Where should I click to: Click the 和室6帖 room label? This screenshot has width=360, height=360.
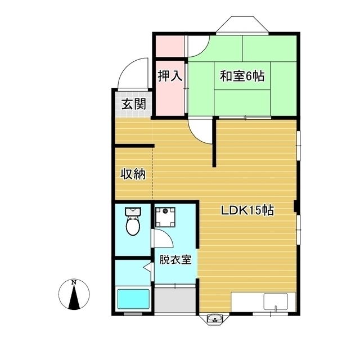[242, 75]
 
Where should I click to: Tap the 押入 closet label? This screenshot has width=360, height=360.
[169, 75]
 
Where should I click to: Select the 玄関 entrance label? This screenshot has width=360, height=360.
[134, 104]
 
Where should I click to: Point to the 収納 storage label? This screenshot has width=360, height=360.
[133, 174]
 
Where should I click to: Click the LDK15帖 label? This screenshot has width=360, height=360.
[247, 211]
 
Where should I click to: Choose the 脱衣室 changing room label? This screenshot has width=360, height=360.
[175, 260]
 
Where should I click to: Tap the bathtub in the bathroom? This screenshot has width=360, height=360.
[133, 299]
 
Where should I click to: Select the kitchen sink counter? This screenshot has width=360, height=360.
[259, 303]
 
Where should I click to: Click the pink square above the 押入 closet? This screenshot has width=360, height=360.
[170, 45]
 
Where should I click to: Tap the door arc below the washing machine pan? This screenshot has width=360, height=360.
[163, 240]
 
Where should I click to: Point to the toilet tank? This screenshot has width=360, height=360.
[133, 211]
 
